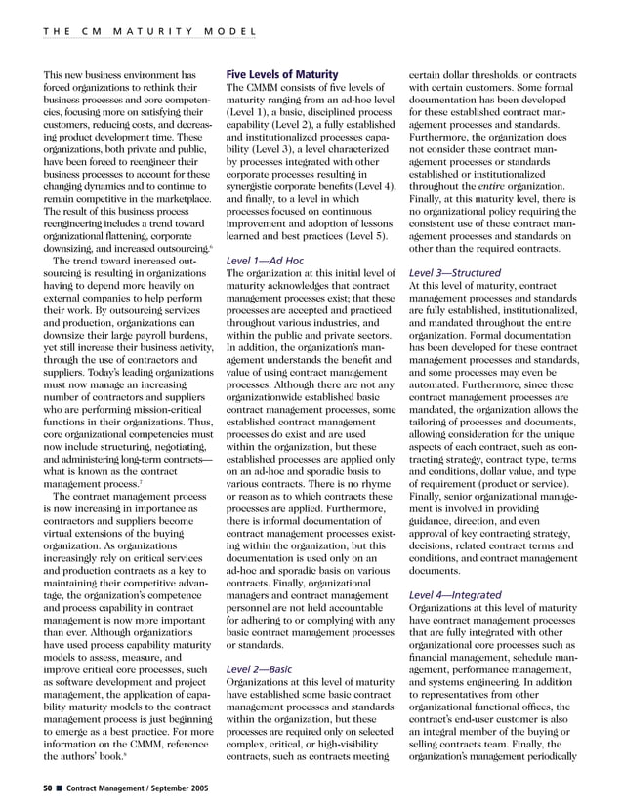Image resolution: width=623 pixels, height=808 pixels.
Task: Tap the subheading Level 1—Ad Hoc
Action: pos(267,262)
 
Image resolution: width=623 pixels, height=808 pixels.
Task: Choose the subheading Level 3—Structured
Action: pos(456,273)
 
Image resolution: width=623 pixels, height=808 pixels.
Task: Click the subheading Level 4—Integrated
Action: pos(455,594)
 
